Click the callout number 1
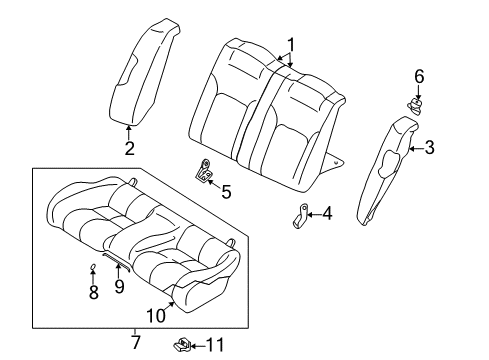tap(290, 45)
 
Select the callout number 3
tap(429, 149)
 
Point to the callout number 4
tap(327, 212)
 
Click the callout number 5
tap(226, 190)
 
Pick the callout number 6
tap(419, 75)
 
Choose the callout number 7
tap(136, 343)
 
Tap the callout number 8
tap(93, 293)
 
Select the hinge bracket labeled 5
tap(206, 172)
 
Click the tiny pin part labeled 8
tap(92, 267)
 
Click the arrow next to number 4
tap(314, 212)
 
